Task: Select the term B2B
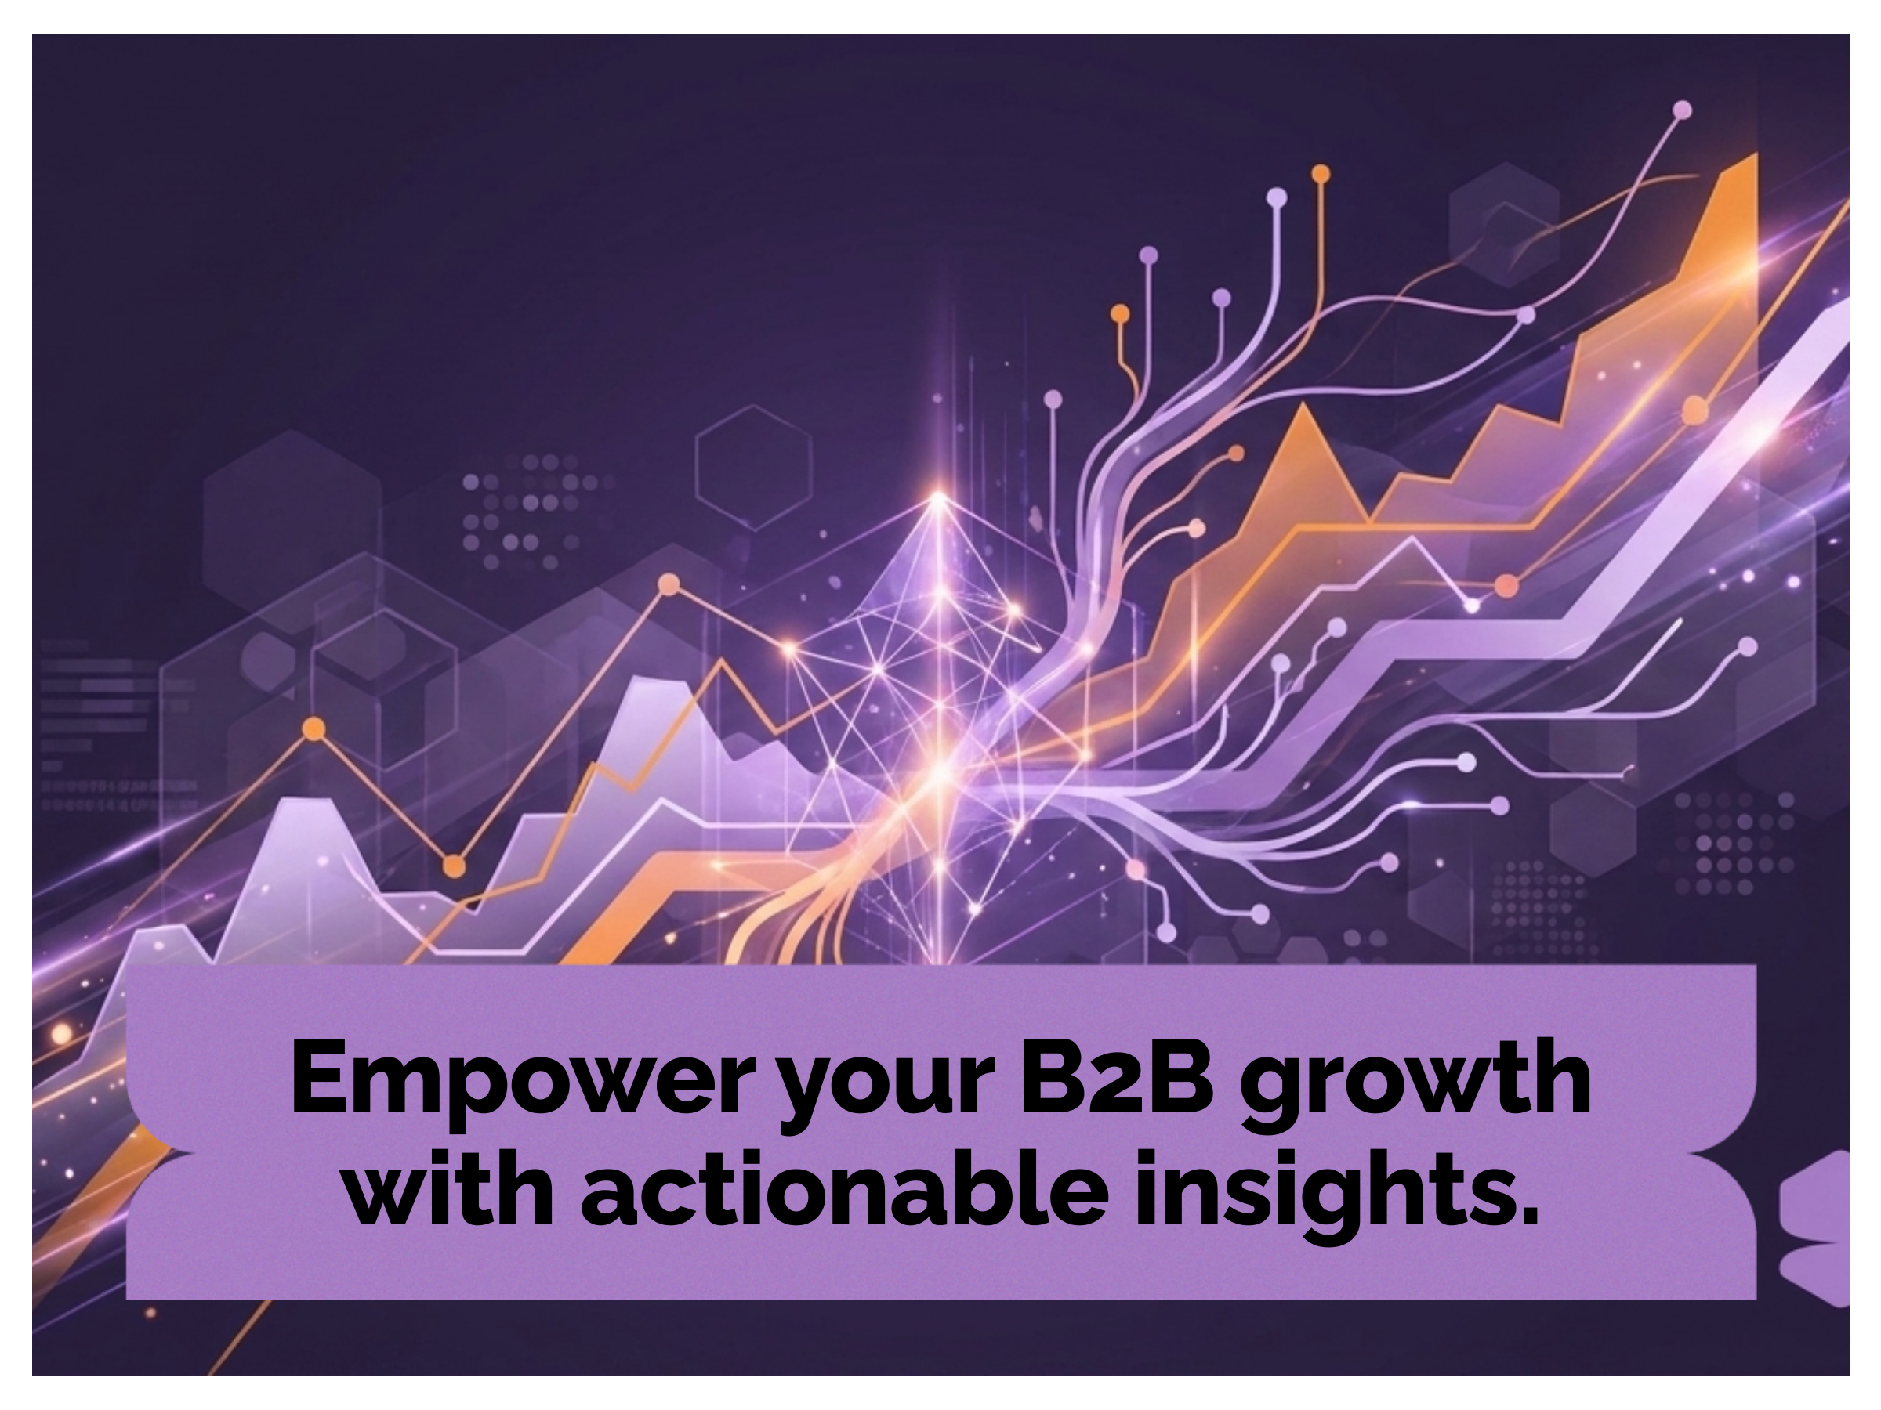tap(1118, 1077)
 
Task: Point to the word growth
tap(1414, 1083)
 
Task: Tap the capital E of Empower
tap(321, 1077)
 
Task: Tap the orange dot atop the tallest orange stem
tap(1321, 174)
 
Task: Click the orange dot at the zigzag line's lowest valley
tap(455, 866)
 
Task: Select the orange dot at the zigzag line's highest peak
tap(669, 584)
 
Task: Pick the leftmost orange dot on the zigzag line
tap(313, 728)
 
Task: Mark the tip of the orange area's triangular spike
tap(1302, 406)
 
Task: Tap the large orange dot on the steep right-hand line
tap(1695, 410)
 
